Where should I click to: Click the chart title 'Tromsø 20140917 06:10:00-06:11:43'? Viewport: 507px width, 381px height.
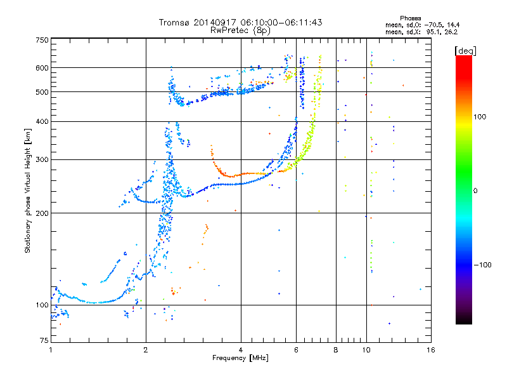coord(240,22)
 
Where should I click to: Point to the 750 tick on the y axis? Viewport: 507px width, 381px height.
coord(42,39)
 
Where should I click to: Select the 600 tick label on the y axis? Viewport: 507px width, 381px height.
coord(42,67)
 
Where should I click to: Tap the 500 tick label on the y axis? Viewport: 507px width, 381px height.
coord(42,91)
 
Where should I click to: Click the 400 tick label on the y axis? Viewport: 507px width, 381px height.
coord(42,121)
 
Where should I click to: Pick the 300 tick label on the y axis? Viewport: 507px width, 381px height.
coord(42,159)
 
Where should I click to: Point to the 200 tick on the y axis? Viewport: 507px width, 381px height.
coord(42,213)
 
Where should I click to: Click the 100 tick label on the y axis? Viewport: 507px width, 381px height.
coord(42,305)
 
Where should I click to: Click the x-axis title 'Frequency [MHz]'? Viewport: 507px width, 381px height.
coord(240,358)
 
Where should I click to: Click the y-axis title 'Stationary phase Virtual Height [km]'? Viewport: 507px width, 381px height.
coord(28,190)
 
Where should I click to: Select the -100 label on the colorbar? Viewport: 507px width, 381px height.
coord(484,265)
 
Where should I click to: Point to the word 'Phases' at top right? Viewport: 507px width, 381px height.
coord(411,18)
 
